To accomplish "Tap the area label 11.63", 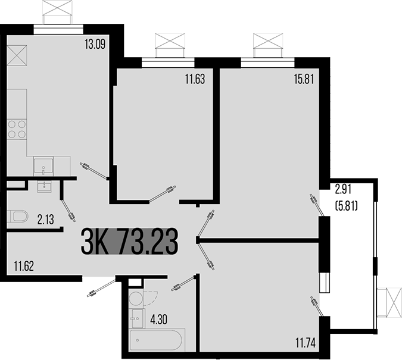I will tap(194, 79).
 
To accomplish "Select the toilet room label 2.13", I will tap(46, 220).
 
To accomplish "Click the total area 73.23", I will tap(148, 242).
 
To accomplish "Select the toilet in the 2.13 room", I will tap(17, 217).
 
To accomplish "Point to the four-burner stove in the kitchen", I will tap(17, 129).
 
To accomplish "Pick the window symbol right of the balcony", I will tap(394, 302).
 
